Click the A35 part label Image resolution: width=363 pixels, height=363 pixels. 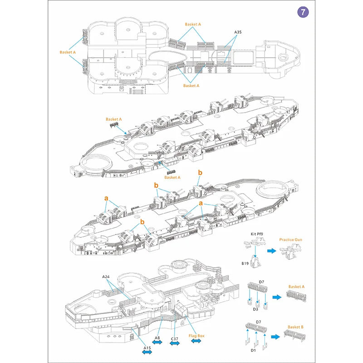[x=238, y=33]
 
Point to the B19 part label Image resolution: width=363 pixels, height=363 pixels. [x=245, y=263]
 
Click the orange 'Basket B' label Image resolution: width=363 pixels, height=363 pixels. [x=295, y=327]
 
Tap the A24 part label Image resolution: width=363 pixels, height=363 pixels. [x=106, y=276]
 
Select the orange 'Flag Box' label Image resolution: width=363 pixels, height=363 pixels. [x=196, y=336]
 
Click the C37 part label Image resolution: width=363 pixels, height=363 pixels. [x=174, y=338]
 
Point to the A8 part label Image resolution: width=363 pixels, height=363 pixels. [x=157, y=338]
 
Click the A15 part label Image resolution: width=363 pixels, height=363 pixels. [x=147, y=348]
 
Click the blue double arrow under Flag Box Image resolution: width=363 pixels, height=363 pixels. [x=196, y=341]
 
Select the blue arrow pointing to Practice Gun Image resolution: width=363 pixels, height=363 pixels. [x=271, y=250]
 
